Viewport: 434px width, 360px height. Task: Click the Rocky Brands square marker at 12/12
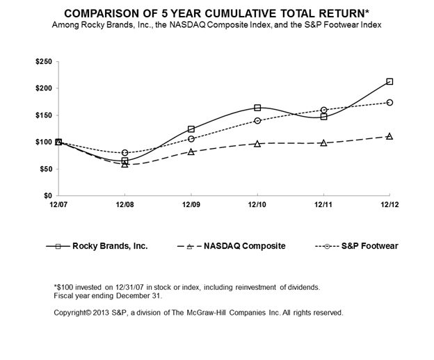click(x=389, y=81)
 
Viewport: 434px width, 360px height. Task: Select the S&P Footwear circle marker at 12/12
click(x=389, y=102)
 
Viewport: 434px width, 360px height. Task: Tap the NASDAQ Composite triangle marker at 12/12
click(x=389, y=136)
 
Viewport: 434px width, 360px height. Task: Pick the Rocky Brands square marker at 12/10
click(x=257, y=108)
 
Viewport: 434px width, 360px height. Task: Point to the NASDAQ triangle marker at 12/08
click(x=125, y=165)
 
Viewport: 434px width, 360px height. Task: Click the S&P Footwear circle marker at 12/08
click(x=125, y=153)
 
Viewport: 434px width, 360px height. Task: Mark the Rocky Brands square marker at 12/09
click(x=191, y=129)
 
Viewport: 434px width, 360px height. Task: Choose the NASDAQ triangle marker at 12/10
click(x=257, y=144)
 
